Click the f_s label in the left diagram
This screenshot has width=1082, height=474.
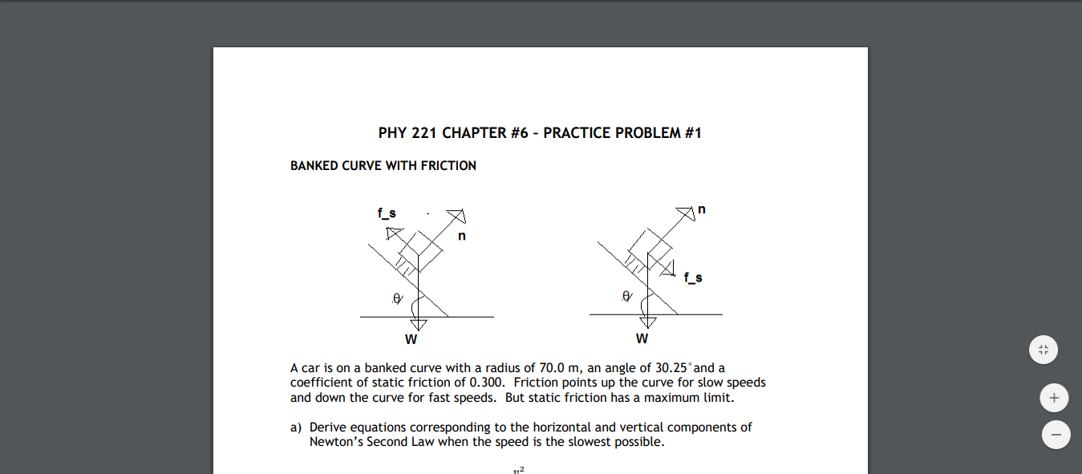(x=387, y=213)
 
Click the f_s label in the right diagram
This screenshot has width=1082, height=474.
(x=693, y=278)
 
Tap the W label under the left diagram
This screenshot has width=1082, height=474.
(x=411, y=338)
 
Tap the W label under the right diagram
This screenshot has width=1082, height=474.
(x=642, y=338)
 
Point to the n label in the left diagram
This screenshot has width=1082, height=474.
(x=462, y=237)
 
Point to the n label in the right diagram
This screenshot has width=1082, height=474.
(x=702, y=209)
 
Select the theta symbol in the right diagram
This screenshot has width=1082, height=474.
(x=626, y=296)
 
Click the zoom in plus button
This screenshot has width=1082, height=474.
(x=1055, y=397)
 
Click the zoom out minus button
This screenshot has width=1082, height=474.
(x=1056, y=435)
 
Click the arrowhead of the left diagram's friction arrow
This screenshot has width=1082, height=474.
(x=393, y=233)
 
